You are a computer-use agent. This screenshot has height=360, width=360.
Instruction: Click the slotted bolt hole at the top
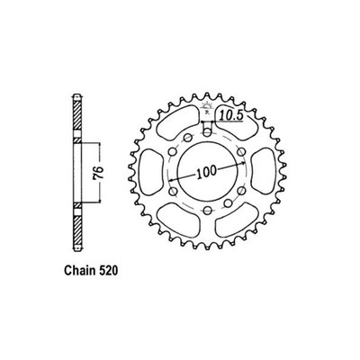[208, 129]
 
